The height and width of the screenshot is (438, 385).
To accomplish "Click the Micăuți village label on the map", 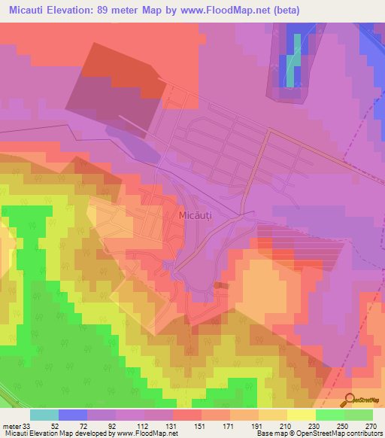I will tap(197, 215).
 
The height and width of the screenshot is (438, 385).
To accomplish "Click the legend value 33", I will tap(28, 426).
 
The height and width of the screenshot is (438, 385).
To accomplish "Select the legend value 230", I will tap(314, 426).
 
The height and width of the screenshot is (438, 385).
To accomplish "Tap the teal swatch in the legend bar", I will tap(44, 415).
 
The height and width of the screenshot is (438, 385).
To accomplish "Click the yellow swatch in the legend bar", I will tap(302, 415).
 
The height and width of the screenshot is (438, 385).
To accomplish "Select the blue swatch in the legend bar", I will tap(73, 415).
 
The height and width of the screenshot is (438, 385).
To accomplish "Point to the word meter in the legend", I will tap(11, 426).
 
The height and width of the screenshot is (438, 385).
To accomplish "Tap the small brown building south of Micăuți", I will tap(219, 285).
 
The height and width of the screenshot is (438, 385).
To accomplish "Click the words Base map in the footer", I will tap(268, 433).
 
